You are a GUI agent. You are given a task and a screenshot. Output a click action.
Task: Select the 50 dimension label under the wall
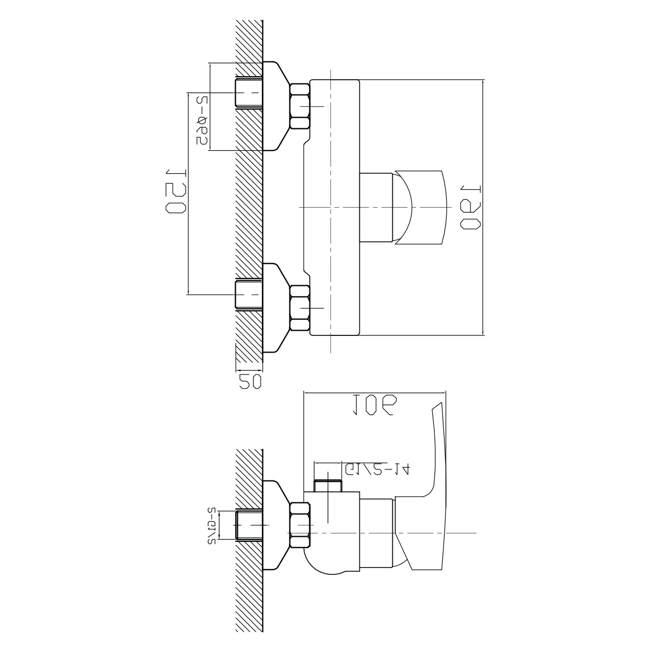(x=249, y=381)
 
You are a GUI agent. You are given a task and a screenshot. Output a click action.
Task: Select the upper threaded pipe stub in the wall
(x=248, y=93)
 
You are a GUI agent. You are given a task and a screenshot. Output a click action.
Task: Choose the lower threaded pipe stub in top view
(x=248, y=295)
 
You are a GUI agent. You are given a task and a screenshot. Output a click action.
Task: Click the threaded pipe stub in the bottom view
(x=249, y=525)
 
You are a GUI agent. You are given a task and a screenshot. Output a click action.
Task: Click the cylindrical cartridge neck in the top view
(x=377, y=207)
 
